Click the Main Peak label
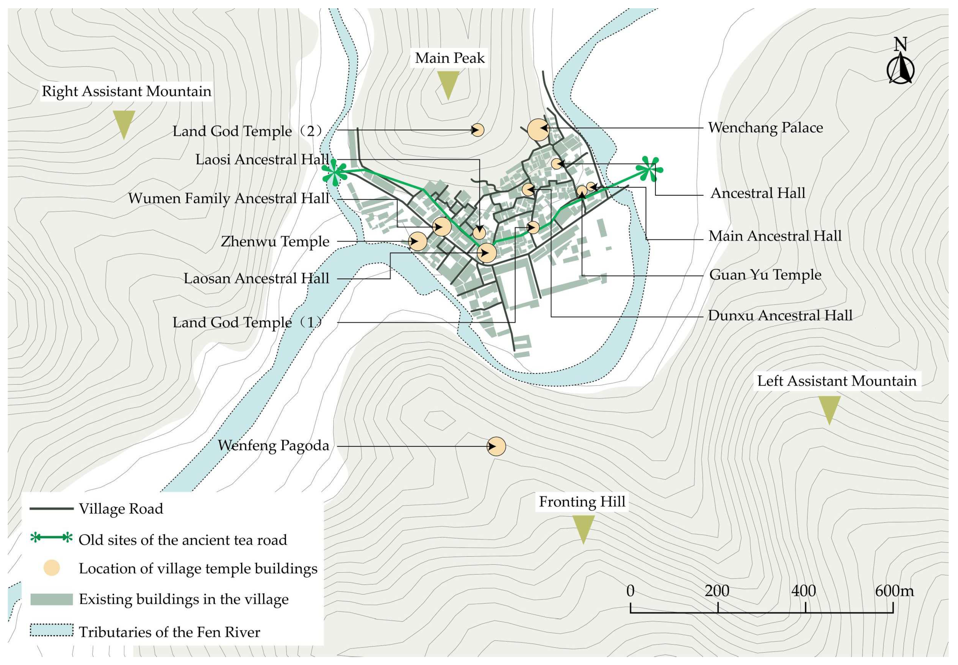coord(450,58)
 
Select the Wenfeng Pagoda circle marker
coord(496,446)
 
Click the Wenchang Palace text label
coord(765,128)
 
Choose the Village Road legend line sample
coord(51,509)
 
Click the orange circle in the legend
coord(51,568)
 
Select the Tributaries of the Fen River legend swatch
coord(51,630)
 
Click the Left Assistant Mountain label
coord(837,381)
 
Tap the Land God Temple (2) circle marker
coord(478,130)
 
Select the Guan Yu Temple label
coord(765,275)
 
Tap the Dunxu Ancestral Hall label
coord(780,315)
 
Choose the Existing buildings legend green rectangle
coord(51,599)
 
